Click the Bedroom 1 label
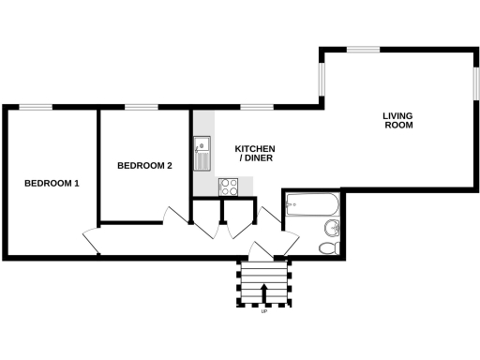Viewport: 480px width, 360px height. point(52,183)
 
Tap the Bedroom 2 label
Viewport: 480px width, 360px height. point(143,166)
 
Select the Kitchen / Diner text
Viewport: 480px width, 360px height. point(254,154)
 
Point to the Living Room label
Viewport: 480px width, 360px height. point(397,120)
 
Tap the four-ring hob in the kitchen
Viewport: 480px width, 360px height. point(229,187)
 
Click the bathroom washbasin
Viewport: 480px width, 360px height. point(332,229)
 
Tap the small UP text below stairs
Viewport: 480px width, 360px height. point(263,313)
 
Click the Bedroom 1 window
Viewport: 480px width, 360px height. point(37,107)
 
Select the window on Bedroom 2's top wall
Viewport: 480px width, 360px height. point(141,107)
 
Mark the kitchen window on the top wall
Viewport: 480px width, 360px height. point(256,107)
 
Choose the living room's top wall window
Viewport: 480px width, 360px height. point(363,49)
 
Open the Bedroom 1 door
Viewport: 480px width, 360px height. point(91,241)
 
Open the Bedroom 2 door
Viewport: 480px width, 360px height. point(174,215)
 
